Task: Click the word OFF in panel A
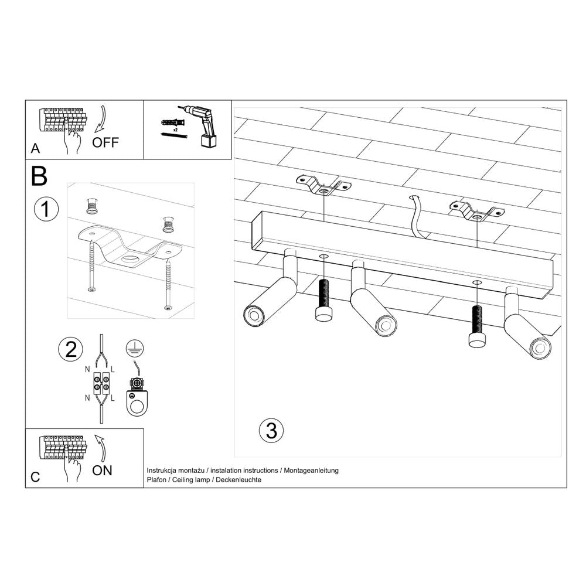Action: click(105, 142)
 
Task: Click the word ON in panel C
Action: click(103, 469)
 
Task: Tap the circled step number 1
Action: click(46, 210)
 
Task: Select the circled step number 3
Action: click(271, 431)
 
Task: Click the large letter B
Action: click(39, 176)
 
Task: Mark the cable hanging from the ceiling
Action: click(418, 217)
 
